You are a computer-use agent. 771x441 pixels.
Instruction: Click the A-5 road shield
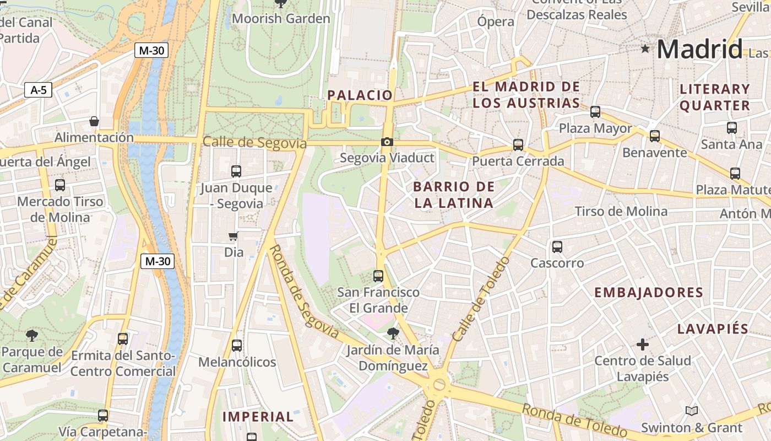[38, 90]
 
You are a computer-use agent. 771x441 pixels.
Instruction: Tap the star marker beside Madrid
[645, 49]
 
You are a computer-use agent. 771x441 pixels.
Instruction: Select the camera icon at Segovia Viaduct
[387, 142]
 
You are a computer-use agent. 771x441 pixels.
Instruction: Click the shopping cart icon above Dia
[233, 236]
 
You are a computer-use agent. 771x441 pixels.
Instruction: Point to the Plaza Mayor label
[595, 128]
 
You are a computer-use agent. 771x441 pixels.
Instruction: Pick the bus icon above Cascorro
[557, 246]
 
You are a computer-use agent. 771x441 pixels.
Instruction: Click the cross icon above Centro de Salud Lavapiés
[642, 345]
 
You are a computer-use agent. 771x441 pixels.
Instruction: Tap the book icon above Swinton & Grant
[691, 411]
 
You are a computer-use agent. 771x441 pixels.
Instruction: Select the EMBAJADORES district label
[648, 293]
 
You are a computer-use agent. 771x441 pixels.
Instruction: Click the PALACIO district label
[360, 95]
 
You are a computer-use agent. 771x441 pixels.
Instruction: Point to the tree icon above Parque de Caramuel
[32, 335]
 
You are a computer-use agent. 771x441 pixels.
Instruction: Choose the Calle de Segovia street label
[254, 143]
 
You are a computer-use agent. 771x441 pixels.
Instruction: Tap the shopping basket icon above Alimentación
[94, 121]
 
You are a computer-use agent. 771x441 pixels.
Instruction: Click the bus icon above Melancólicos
[237, 346]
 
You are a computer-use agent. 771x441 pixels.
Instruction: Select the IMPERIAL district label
[258, 417]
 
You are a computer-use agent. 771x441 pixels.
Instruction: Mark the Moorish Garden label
[281, 19]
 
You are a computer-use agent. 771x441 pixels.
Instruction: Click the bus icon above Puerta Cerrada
[518, 145]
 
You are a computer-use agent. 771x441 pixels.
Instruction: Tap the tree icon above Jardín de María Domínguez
[393, 333]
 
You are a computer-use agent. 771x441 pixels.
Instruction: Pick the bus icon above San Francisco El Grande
[378, 276]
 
